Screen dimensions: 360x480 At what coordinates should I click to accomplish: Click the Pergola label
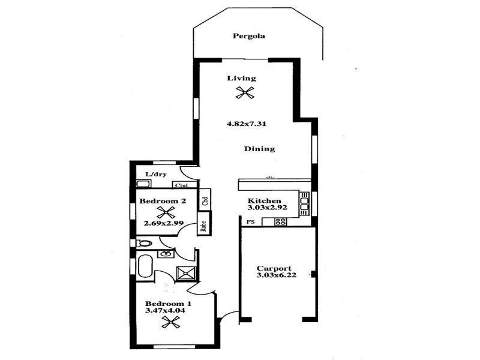(249, 36)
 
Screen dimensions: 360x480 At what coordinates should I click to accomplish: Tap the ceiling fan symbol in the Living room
(245, 92)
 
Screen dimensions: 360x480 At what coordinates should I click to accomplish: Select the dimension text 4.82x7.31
(246, 124)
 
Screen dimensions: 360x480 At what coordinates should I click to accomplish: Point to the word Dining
(259, 149)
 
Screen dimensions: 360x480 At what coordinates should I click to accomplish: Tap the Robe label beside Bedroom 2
(204, 226)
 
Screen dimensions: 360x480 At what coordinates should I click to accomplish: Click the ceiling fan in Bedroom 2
(166, 212)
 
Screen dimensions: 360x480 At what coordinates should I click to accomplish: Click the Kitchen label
(264, 200)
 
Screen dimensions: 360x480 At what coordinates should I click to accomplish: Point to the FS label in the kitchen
(250, 222)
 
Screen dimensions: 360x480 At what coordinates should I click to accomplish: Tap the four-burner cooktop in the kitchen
(280, 222)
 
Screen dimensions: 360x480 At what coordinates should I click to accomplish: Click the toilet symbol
(143, 244)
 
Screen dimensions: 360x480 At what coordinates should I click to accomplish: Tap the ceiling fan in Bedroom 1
(171, 323)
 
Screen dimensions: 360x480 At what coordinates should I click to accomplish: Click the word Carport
(274, 268)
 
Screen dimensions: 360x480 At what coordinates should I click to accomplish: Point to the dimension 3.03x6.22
(274, 276)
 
